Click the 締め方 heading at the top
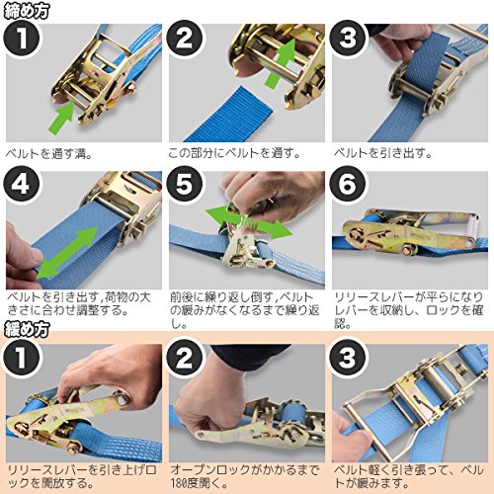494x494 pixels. pos(27,11)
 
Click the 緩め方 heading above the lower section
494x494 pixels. pos(27,330)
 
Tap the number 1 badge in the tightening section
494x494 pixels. pos(22,39)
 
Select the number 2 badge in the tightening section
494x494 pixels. pos(185,39)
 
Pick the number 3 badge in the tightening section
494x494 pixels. pos(348,39)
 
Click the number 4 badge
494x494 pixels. pos(22,185)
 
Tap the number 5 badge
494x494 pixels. pos(185,185)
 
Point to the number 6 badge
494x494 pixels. pos(348,185)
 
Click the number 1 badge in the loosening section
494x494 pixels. pos(22,358)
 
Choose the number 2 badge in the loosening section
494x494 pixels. pos(185,358)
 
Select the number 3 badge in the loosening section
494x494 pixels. pos(348,358)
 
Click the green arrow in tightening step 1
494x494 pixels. pos(62,117)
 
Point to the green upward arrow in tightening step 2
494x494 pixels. pos(281,63)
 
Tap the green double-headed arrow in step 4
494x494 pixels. pos(67,252)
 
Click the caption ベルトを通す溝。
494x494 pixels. pos(48,154)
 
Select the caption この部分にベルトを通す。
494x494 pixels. pos(234,153)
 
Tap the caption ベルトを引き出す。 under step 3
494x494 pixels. pos(382,153)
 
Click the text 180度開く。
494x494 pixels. pos(199,483)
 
